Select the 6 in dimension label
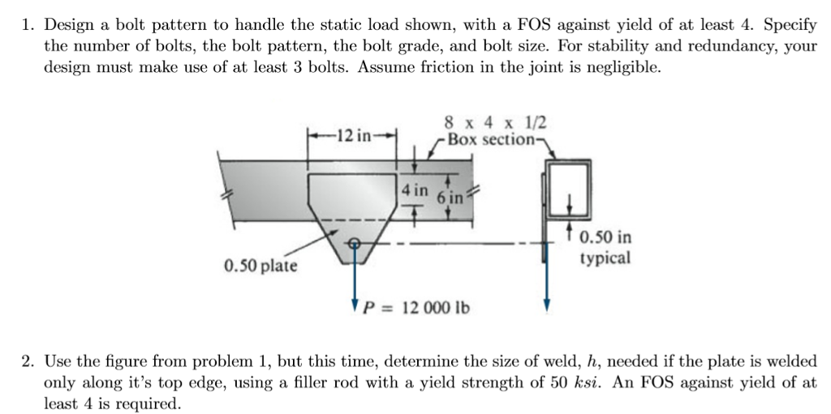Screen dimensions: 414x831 click(448, 198)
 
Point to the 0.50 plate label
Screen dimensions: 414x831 click(260, 265)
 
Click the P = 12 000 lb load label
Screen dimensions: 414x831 click(416, 308)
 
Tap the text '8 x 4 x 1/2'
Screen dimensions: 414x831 click(496, 122)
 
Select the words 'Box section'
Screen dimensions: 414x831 click(486, 139)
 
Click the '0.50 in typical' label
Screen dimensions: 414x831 click(605, 248)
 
